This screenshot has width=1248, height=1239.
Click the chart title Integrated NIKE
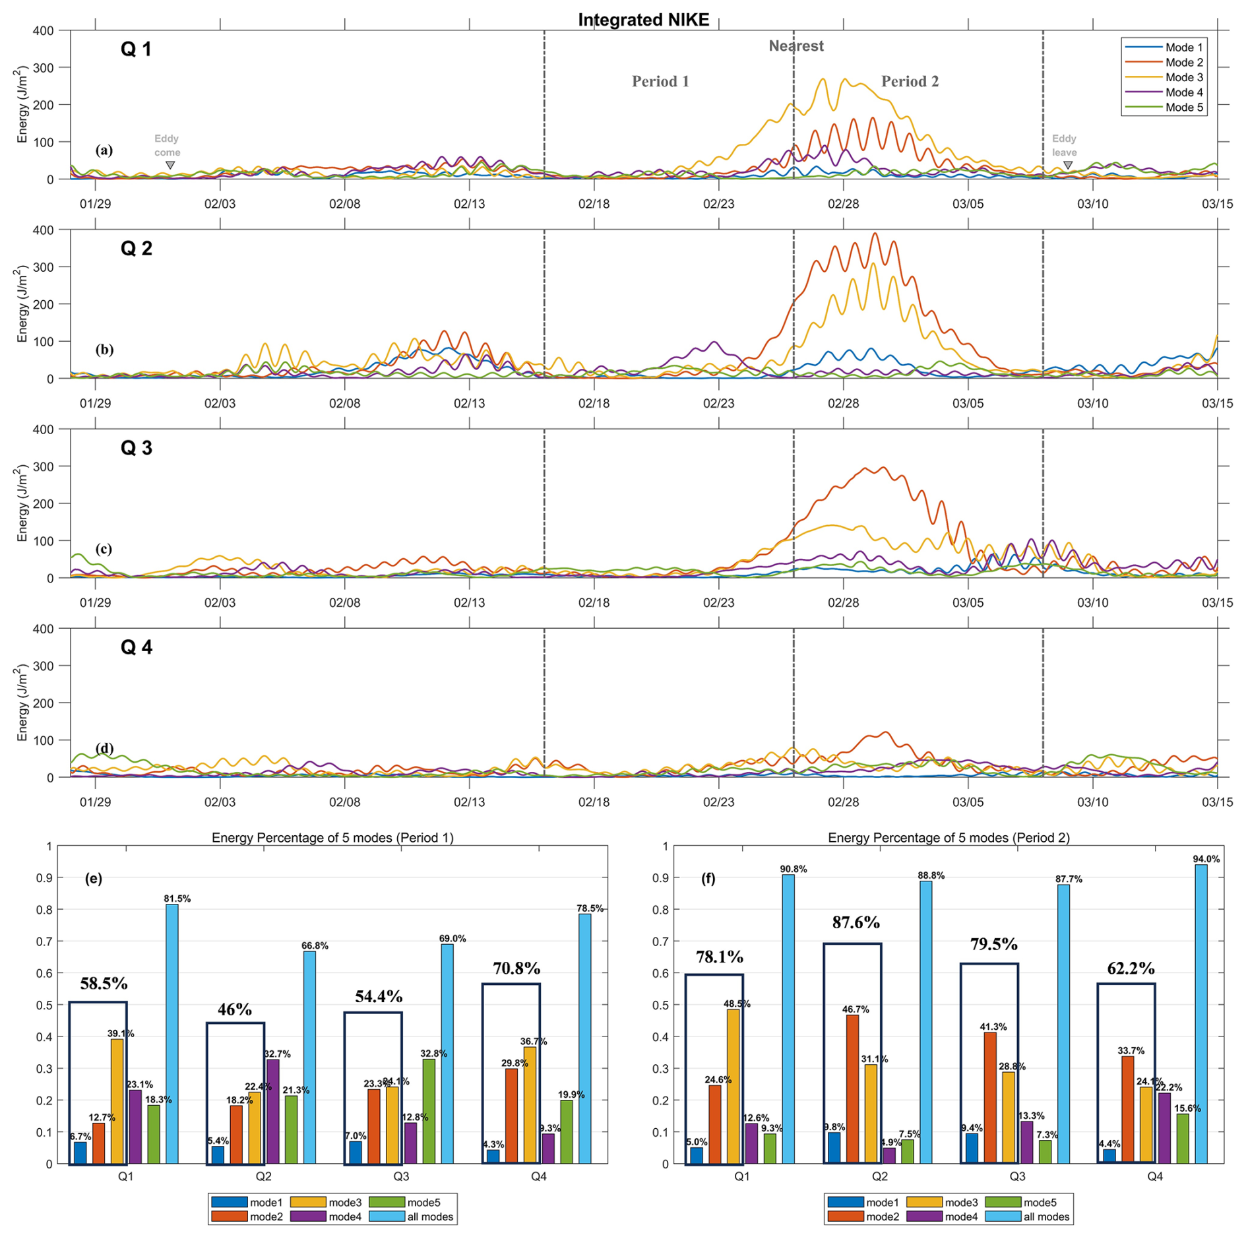coord(643,20)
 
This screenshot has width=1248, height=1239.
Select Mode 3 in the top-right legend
coord(1183,78)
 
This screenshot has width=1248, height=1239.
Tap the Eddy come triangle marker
coord(170,166)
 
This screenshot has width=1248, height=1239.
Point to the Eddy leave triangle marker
coord(1068,166)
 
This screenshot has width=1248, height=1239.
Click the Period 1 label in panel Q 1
coord(660,82)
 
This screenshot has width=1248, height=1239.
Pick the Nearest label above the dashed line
coord(796,46)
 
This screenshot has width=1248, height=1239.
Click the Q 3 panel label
coord(137,448)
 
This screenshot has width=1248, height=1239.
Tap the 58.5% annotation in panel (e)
coord(104,984)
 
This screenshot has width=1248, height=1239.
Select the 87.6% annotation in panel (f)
coord(856,923)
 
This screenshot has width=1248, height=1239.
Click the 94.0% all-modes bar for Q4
coord(1201,1016)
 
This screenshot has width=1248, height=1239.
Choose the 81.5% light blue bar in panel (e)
coord(172,1036)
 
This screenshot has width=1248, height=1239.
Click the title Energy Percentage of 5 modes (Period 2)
coord(949,838)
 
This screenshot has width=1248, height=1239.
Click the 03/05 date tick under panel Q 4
coord(968,802)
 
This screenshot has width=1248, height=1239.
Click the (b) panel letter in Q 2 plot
coord(104,350)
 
